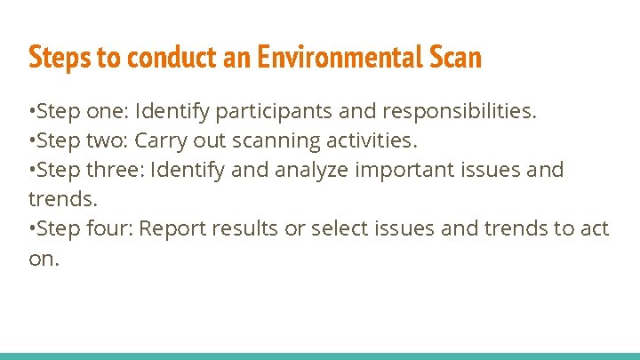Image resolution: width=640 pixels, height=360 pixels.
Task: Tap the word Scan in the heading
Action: (454, 58)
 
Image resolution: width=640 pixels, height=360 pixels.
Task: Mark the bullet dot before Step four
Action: (32, 229)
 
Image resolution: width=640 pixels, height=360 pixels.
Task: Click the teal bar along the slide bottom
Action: (320, 356)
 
